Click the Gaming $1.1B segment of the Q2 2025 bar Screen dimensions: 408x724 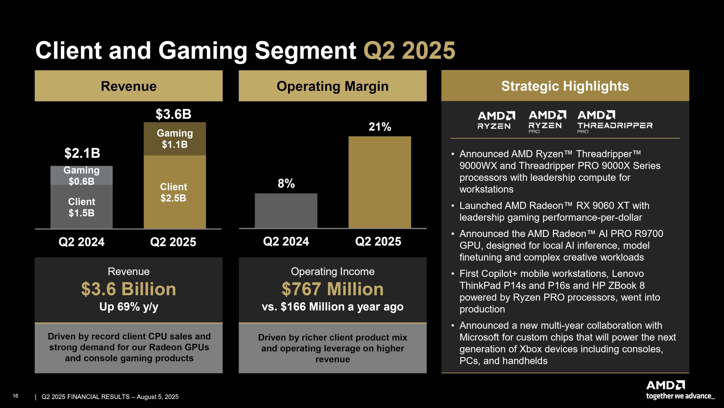(175, 139)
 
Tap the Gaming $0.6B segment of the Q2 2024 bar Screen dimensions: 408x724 (81, 175)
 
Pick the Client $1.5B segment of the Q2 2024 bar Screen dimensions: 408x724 (81, 207)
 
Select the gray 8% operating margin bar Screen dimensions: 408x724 (286, 211)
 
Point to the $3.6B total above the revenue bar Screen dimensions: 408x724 (173, 114)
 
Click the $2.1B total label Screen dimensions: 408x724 (82, 153)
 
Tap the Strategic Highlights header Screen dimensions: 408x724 (565, 86)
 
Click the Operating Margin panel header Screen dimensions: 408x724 (332, 86)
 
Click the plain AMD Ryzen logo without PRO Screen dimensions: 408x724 (496, 120)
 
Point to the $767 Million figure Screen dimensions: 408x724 (332, 289)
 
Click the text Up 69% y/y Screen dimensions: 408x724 (129, 307)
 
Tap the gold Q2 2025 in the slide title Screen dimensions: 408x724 (409, 51)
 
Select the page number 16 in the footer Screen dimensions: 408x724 (15, 396)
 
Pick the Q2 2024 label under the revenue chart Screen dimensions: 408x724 (81, 242)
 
